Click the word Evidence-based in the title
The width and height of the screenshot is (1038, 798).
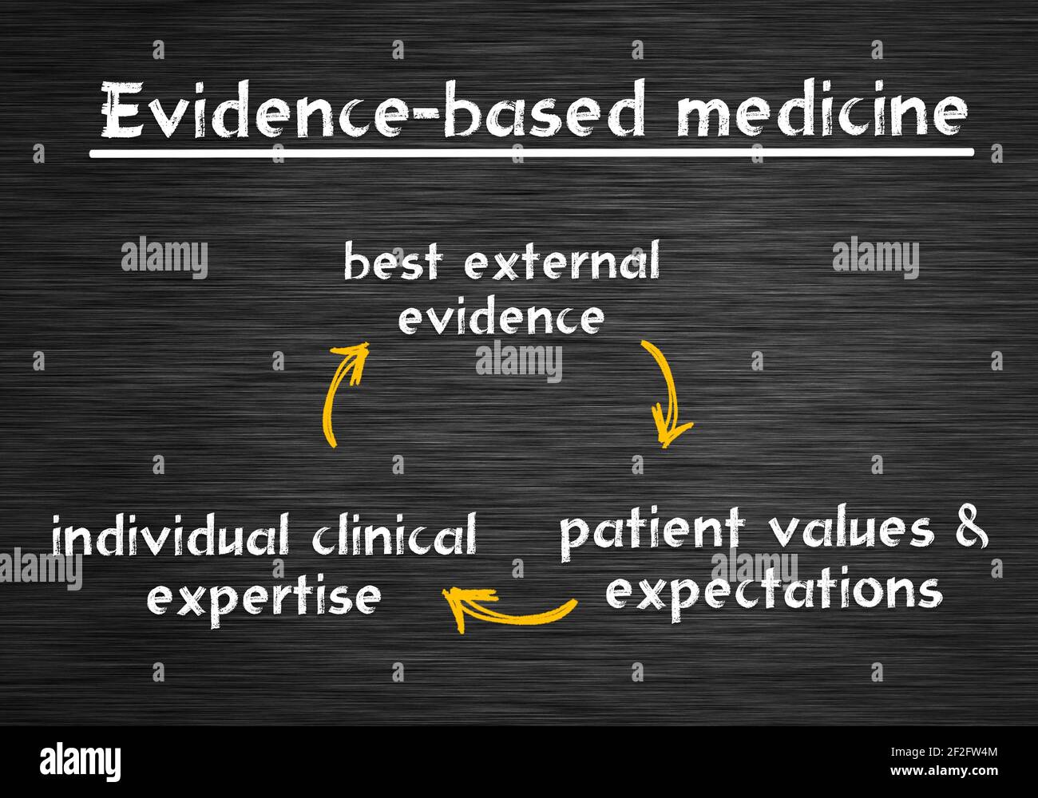point(373,109)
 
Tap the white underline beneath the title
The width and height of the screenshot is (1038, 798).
point(532,152)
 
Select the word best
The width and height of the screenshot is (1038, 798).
point(393,261)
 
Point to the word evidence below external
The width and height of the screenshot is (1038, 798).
point(501,317)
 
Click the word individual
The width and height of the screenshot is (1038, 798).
point(171,534)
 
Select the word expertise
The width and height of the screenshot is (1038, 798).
point(264,597)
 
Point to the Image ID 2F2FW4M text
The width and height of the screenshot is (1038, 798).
point(944,753)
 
